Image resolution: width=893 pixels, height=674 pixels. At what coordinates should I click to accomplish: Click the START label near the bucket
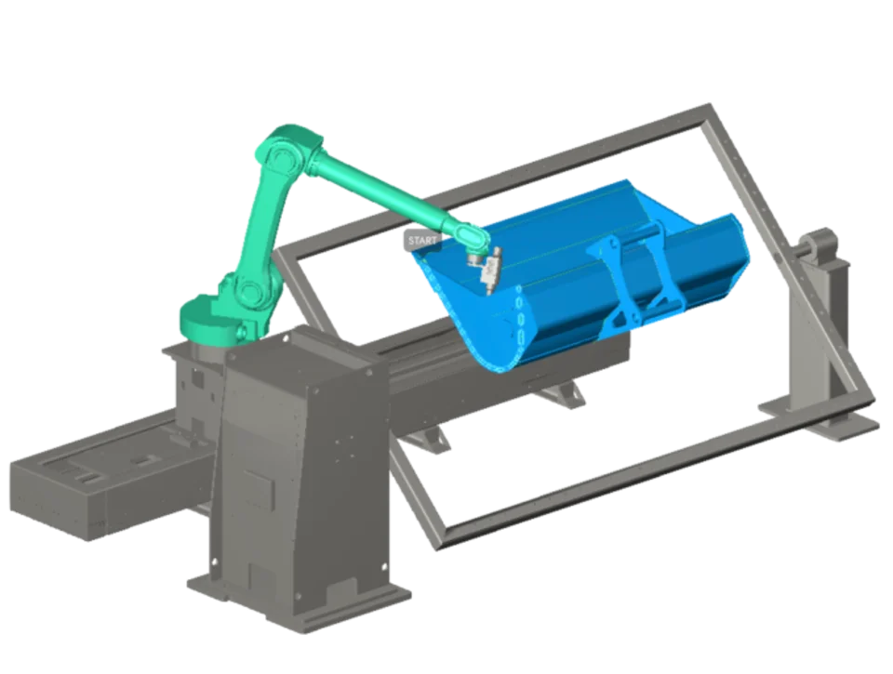coord(422,240)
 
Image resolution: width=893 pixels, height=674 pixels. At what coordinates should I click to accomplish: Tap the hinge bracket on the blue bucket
coord(626,279)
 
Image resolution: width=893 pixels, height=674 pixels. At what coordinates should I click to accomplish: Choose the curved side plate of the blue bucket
coord(484,319)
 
